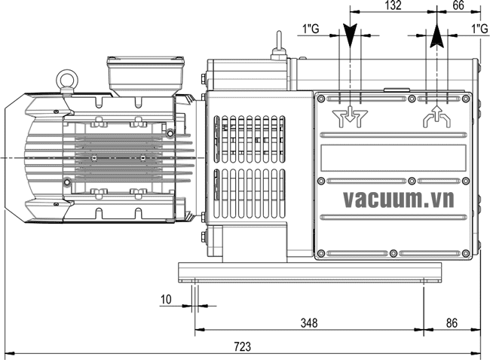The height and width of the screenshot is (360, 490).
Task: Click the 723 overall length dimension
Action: [243, 346]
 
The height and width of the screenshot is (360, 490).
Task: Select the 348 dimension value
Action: [309, 323]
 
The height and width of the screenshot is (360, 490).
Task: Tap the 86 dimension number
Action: [452, 323]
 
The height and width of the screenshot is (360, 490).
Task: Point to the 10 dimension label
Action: [166, 300]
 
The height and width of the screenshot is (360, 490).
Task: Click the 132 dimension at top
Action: [393, 5]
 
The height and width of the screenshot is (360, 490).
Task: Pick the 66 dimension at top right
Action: [458, 5]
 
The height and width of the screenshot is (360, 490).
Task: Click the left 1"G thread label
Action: [311, 29]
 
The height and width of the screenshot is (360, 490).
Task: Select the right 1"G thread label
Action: [479, 29]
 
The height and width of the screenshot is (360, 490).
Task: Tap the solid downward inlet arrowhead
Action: [350, 35]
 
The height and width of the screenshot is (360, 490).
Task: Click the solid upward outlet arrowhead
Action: [437, 35]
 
